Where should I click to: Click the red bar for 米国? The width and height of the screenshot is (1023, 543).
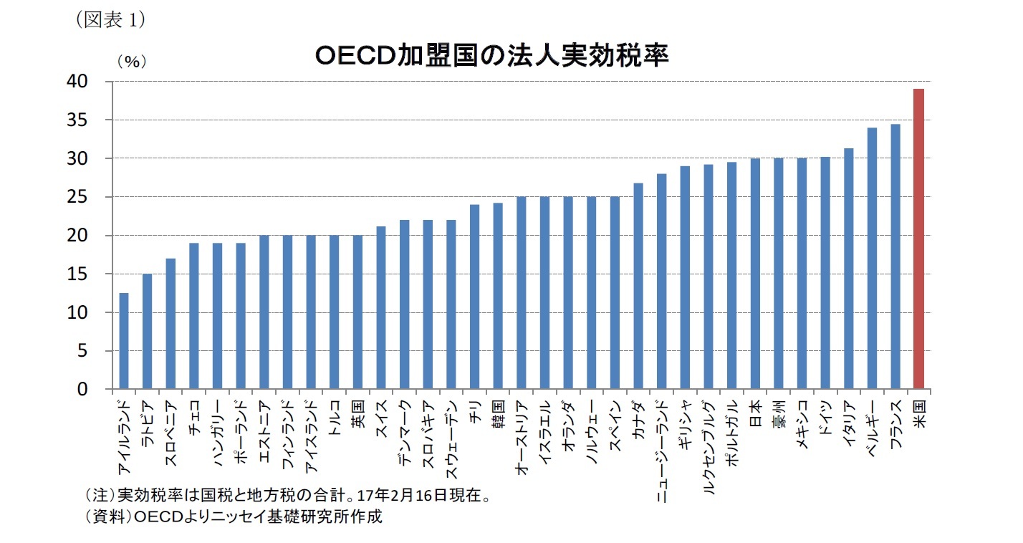(x=918, y=239)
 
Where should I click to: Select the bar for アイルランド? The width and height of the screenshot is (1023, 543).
(x=124, y=341)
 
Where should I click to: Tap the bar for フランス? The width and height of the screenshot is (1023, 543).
(x=895, y=256)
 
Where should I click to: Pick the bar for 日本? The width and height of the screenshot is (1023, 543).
(x=755, y=274)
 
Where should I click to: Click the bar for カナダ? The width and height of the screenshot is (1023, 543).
(x=638, y=286)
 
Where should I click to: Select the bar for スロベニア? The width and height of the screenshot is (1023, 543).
(x=170, y=324)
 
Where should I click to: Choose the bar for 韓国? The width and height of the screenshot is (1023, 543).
(x=498, y=296)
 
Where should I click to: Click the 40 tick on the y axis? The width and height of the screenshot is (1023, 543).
(x=97, y=82)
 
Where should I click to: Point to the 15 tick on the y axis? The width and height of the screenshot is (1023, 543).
(x=97, y=274)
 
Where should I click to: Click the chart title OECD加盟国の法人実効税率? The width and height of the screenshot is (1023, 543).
(x=492, y=56)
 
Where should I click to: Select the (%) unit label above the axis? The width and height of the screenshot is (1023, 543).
(x=132, y=62)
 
